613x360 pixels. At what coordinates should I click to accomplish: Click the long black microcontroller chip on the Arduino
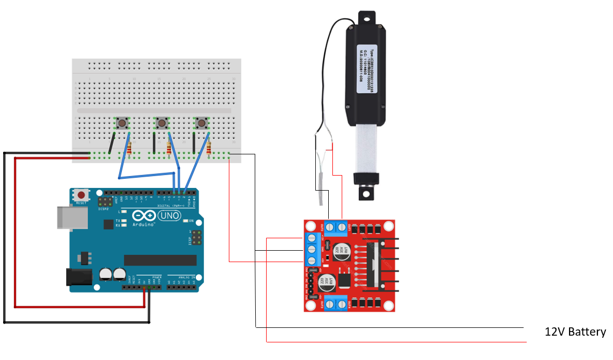160,260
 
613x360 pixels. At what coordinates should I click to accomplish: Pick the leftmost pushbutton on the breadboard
122,123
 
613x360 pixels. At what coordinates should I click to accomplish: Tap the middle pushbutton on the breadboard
162,123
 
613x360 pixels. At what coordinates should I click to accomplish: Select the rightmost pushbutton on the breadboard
201,123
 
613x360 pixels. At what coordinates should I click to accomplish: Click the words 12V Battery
575,332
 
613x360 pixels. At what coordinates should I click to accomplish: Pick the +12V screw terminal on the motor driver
312,239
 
